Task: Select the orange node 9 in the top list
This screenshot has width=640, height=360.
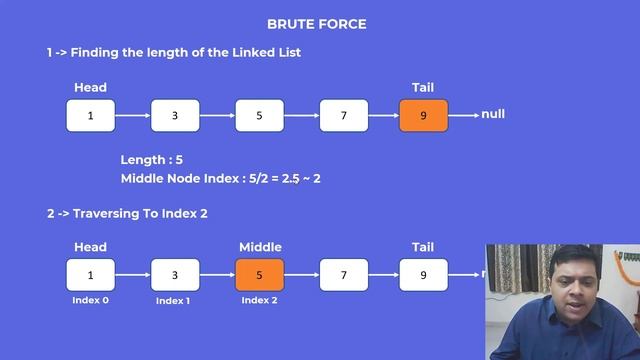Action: pos(423,116)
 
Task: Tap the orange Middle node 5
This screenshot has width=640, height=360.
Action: pos(260,274)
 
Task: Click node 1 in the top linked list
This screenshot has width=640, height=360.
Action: pos(90,116)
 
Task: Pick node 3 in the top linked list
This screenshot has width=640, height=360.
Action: pos(175,116)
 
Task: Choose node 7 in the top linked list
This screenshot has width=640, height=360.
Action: pos(343,116)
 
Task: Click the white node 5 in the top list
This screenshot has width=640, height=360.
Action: pos(259,116)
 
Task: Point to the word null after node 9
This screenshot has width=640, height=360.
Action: pos(493,114)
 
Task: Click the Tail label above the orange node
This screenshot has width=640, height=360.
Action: pos(423,88)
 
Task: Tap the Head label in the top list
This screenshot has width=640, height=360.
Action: pos(90,88)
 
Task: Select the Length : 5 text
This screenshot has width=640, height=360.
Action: pos(152,159)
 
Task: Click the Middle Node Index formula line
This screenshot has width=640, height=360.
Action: pos(220,178)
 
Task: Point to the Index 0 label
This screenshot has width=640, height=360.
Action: pos(90,299)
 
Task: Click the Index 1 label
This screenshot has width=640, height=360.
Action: pos(175,300)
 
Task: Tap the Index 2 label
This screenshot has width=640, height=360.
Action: pos(260,300)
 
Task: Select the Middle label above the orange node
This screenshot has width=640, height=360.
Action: pos(260,247)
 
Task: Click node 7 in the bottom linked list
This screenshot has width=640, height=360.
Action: pos(343,274)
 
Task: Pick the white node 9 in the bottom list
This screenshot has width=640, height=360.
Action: pos(423,274)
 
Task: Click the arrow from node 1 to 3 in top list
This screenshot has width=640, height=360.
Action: pos(132,116)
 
